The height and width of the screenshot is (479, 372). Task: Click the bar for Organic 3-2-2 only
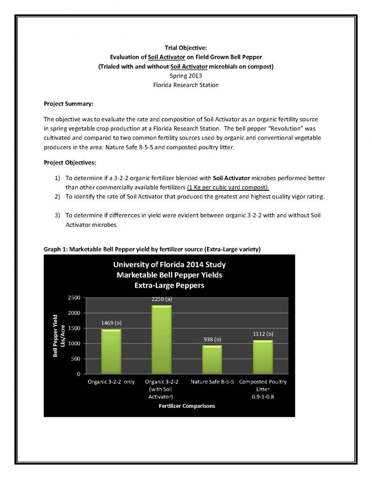111,352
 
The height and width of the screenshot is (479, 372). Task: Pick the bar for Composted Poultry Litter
262,357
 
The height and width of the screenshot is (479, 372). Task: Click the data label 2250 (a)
162,298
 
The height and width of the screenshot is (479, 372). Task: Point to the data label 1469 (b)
111,323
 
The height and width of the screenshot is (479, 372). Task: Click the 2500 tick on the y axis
75,298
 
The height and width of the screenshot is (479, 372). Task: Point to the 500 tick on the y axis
77,359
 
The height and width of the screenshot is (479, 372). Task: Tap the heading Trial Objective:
186,48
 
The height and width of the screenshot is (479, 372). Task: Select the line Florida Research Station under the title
186,85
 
